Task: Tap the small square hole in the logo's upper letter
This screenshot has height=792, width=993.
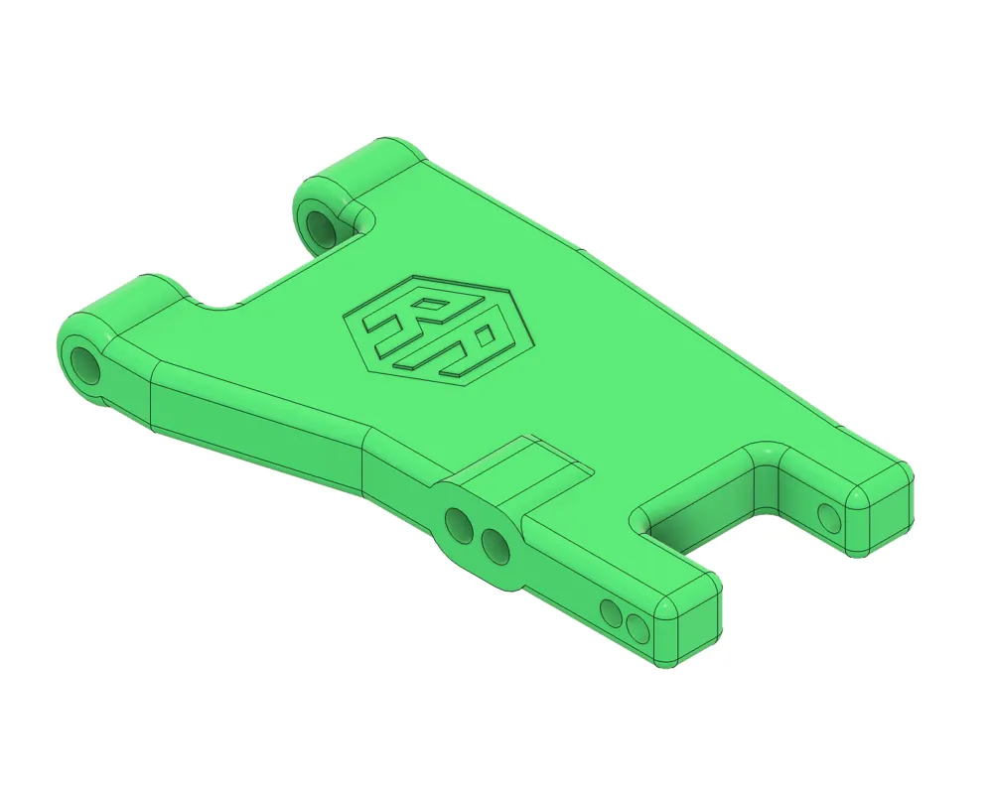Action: click(x=428, y=305)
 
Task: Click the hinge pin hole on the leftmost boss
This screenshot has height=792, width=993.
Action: click(x=84, y=364)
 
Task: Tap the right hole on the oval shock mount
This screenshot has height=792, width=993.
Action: click(x=494, y=545)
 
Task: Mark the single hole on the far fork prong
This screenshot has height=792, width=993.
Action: click(x=827, y=515)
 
